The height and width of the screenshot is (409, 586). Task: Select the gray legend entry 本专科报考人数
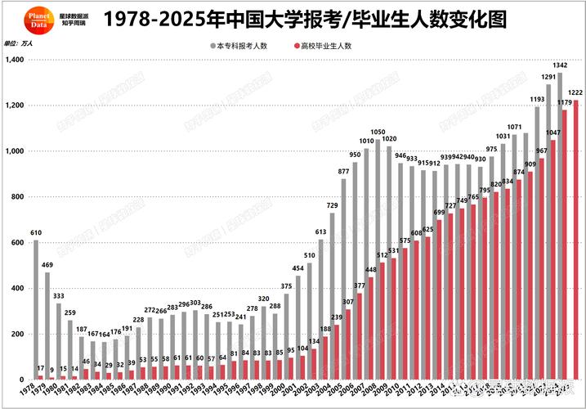[244, 47]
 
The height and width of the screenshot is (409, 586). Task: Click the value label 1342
[560, 65]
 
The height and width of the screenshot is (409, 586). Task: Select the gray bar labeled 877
[343, 279]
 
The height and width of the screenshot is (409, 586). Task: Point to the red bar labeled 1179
[564, 245]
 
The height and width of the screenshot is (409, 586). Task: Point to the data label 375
[286, 285]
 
